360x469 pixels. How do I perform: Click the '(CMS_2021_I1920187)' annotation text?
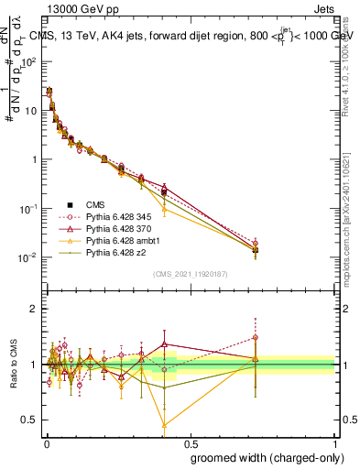click(x=190, y=274)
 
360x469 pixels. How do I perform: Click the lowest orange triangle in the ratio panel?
click(x=164, y=425)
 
